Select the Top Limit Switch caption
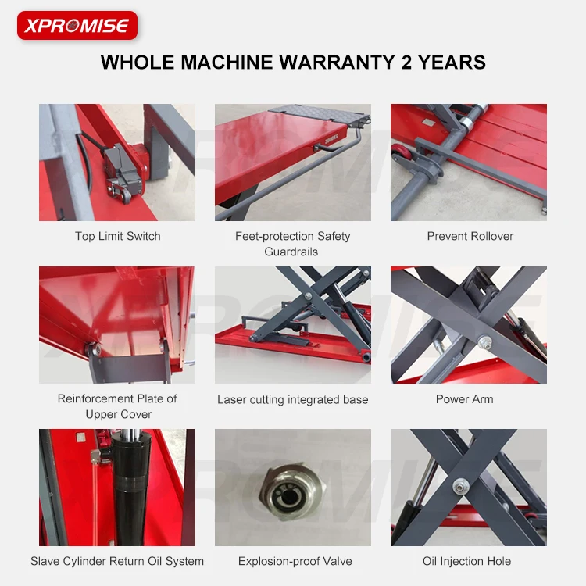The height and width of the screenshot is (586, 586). point(117,236)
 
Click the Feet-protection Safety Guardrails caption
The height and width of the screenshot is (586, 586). point(292,244)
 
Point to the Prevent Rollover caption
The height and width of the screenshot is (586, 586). point(470,236)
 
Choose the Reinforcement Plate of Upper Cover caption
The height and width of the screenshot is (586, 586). point(117,406)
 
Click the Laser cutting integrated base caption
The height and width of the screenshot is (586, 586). point(292,399)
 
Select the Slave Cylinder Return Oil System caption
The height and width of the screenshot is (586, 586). point(117,561)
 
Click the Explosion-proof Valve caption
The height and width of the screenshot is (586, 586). point(295,561)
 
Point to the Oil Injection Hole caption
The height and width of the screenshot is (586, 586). point(467,561)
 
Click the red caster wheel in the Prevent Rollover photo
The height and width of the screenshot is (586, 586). point(399,151)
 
